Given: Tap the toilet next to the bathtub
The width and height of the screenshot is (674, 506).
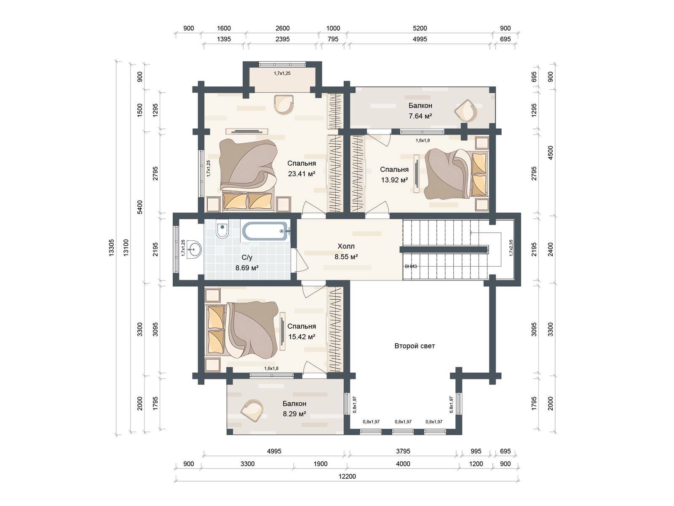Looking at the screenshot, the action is coord(222,229).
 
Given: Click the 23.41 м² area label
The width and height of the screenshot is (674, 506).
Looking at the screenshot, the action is coord(302,174).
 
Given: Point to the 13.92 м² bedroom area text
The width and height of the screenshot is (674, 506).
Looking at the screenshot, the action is coord(394,180).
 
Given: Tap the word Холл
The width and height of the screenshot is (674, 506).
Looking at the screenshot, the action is coord(346,246).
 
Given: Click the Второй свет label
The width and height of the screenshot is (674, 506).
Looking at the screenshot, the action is coord(415,346).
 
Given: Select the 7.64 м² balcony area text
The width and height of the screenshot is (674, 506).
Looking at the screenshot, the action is coord(420,116).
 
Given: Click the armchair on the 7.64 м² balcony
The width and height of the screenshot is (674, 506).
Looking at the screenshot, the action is coord(466,110).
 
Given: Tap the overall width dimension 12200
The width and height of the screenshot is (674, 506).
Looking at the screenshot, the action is coord(347,476).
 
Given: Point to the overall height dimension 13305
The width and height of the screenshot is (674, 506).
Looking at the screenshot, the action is coord(111,248).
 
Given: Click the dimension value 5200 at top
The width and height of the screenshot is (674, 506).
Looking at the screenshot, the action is coord(420,28).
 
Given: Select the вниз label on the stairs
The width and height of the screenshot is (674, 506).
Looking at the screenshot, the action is coord(411,266).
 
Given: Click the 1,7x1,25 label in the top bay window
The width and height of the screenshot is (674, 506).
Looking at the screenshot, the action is coord(282,73).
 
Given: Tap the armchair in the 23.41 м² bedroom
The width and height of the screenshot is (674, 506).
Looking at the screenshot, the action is coord(284,104).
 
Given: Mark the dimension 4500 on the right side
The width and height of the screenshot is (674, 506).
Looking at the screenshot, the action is coord(550,153).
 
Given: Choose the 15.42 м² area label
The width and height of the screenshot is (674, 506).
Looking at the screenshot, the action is coord(302,337).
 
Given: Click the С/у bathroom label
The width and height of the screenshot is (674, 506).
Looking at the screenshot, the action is coord(246,258).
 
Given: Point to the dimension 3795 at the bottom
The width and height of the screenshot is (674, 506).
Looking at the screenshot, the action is coord(403,451).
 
